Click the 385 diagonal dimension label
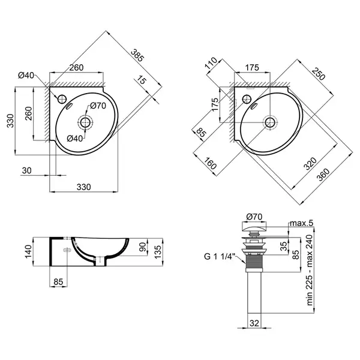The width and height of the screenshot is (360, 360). coord(137,56)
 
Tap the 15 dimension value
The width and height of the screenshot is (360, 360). coord(142,80)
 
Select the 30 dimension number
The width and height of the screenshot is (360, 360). coord(26,170)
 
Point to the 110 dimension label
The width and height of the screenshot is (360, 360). coord(211,63)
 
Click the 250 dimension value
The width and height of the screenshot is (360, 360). coord(319,74)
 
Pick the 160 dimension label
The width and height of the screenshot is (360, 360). coord(209,163)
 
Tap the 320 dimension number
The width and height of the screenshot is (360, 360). coord(310,163)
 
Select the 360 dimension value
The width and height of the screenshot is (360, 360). coord(323,174)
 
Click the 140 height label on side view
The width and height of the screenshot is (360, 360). coord(28,251)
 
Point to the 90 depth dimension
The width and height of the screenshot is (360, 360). coord(143,247)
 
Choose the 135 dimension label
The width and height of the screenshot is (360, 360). coord(158,252)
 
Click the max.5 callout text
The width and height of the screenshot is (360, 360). coord(301,223)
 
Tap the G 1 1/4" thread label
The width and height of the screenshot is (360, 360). coord(219,256)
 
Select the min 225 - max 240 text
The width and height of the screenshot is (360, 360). coord(310,270)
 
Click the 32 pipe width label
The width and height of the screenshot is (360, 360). coord(254,323)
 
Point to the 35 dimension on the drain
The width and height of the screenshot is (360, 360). coord(284,247)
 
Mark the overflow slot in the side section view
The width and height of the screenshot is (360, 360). coord(67,250)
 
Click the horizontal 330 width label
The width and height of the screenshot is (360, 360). coord(83,187)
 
